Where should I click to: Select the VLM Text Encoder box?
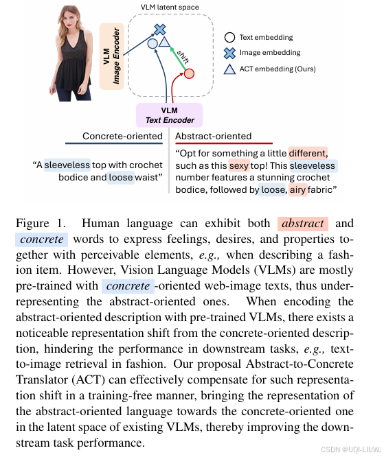(170, 115)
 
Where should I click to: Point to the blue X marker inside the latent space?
(159, 30)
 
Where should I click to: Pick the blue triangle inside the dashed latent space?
(165, 43)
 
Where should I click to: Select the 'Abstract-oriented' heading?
(214, 136)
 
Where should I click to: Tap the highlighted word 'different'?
(308, 152)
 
